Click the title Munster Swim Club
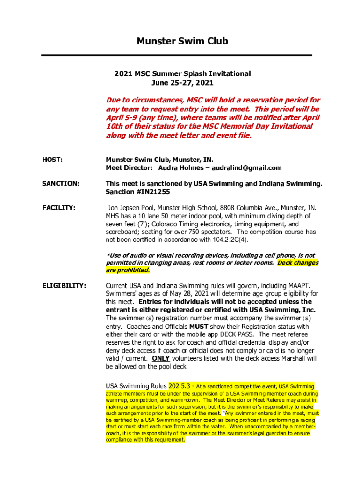182,41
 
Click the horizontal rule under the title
176,55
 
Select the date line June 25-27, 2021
182,83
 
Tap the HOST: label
52,160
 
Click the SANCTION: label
61,184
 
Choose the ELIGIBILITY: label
64,285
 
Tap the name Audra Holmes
180,168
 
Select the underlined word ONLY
161,359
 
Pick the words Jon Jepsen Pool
131,208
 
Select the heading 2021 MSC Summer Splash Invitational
182,74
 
